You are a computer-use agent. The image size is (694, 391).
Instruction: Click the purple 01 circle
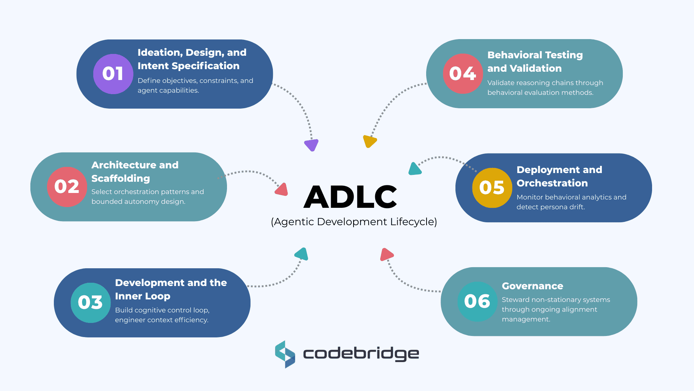pos(113,74)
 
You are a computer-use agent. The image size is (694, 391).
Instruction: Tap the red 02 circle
pos(67,187)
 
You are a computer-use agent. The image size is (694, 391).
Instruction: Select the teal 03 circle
pos(90,303)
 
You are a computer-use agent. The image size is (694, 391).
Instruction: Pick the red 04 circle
pos(463,74)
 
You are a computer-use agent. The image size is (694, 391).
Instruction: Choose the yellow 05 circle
pos(492,188)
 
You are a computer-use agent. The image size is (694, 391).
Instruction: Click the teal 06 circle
pos(477,302)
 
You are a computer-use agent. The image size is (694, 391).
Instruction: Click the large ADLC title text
pos(350,197)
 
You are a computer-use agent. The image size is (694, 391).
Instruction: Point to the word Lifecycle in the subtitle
pos(414,222)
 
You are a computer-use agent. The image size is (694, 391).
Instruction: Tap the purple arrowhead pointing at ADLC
pos(311,145)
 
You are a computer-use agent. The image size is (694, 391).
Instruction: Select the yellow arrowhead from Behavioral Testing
pos(369,141)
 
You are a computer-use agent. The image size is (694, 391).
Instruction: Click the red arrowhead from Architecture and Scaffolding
pos(282,190)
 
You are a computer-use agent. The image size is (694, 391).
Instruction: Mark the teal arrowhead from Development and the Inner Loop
pos(302,254)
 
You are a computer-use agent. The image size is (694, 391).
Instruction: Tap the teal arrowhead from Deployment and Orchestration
pos(415,169)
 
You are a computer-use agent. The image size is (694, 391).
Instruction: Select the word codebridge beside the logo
pos(361,354)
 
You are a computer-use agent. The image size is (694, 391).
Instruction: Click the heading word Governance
pos(532,286)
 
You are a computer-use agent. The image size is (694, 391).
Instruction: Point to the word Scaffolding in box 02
pos(121,178)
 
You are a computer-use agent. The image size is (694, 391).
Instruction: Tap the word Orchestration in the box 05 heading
pos(552,183)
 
